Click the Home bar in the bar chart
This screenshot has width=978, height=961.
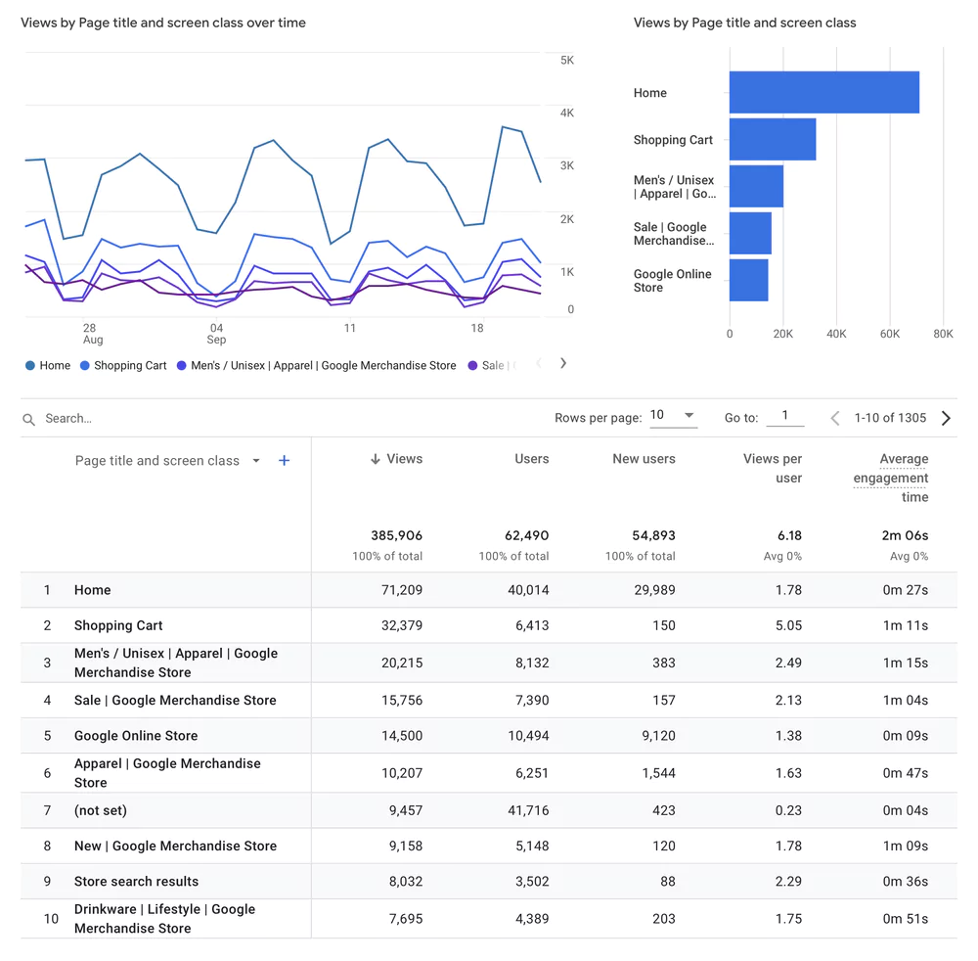tap(823, 92)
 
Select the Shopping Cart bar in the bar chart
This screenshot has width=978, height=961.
tap(772, 139)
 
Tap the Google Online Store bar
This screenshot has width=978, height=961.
tap(748, 280)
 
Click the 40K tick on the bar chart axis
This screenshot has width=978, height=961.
tap(836, 334)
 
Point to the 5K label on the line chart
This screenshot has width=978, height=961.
tap(567, 61)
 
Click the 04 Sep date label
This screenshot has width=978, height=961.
tap(217, 334)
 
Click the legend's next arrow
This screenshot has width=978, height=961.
tap(563, 363)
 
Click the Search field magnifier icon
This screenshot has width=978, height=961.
tap(29, 419)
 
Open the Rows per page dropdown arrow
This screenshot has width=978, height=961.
tap(689, 415)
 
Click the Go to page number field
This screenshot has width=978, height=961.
tap(784, 416)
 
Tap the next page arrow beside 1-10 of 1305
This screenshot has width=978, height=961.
tap(946, 418)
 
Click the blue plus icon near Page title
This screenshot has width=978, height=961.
tap(284, 460)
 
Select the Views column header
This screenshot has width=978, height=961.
tap(397, 458)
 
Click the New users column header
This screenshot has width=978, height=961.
tap(644, 458)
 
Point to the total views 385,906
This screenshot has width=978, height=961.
tap(396, 535)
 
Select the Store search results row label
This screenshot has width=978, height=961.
tap(136, 881)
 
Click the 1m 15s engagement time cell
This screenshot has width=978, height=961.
tap(905, 663)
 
